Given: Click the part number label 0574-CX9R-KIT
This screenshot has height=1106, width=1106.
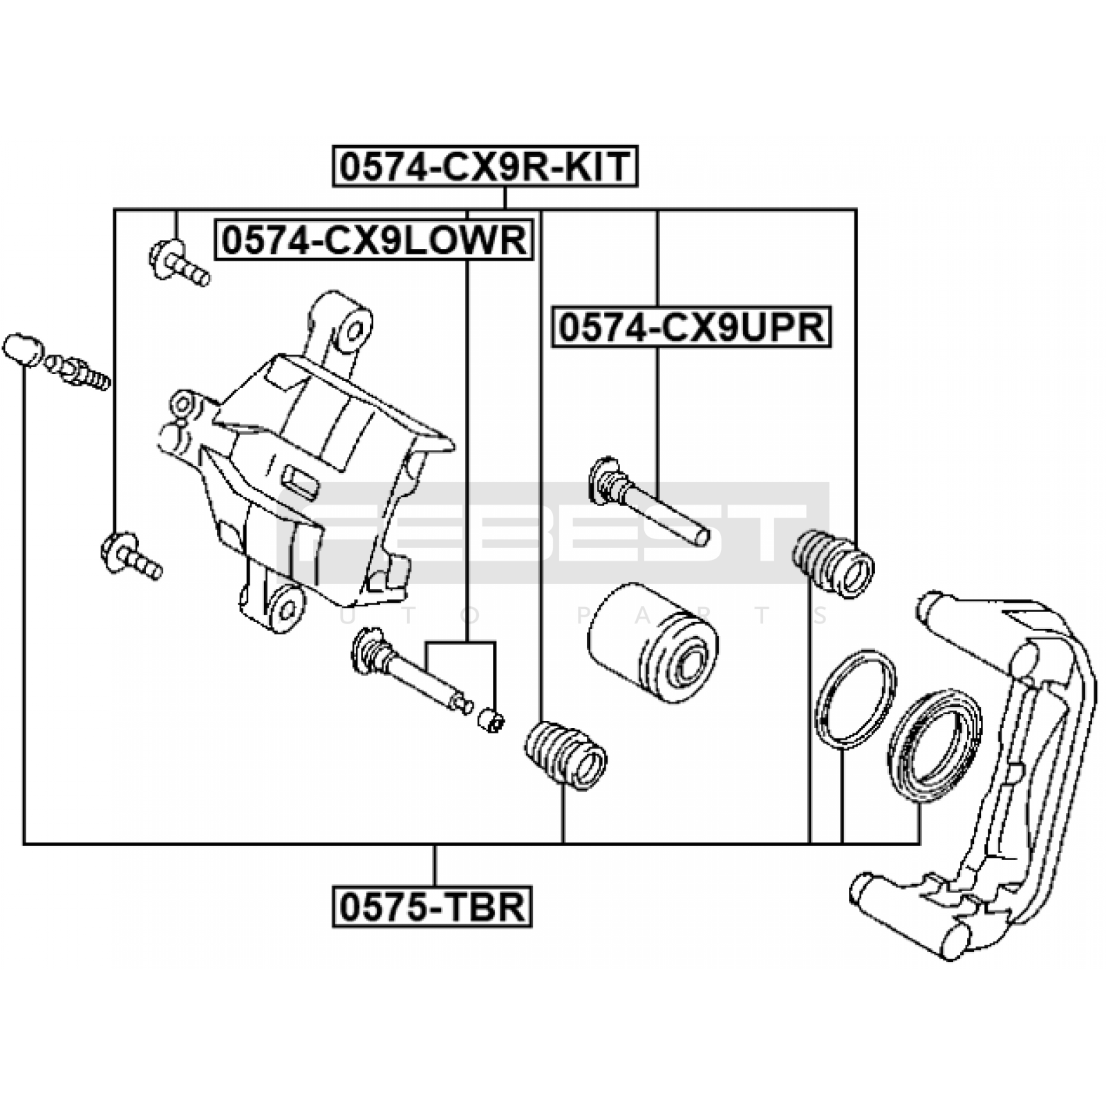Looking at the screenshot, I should [x=485, y=167].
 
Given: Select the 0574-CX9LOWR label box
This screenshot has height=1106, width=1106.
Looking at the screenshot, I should [x=374, y=240].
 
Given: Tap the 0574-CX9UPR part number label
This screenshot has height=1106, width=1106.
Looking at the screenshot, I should [x=691, y=327].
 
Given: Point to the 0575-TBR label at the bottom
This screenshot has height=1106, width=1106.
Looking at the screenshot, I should [x=432, y=906].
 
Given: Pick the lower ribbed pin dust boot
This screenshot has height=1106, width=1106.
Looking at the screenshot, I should [x=566, y=754].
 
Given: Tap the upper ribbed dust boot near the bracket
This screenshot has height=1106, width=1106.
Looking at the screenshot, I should [x=833, y=563].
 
